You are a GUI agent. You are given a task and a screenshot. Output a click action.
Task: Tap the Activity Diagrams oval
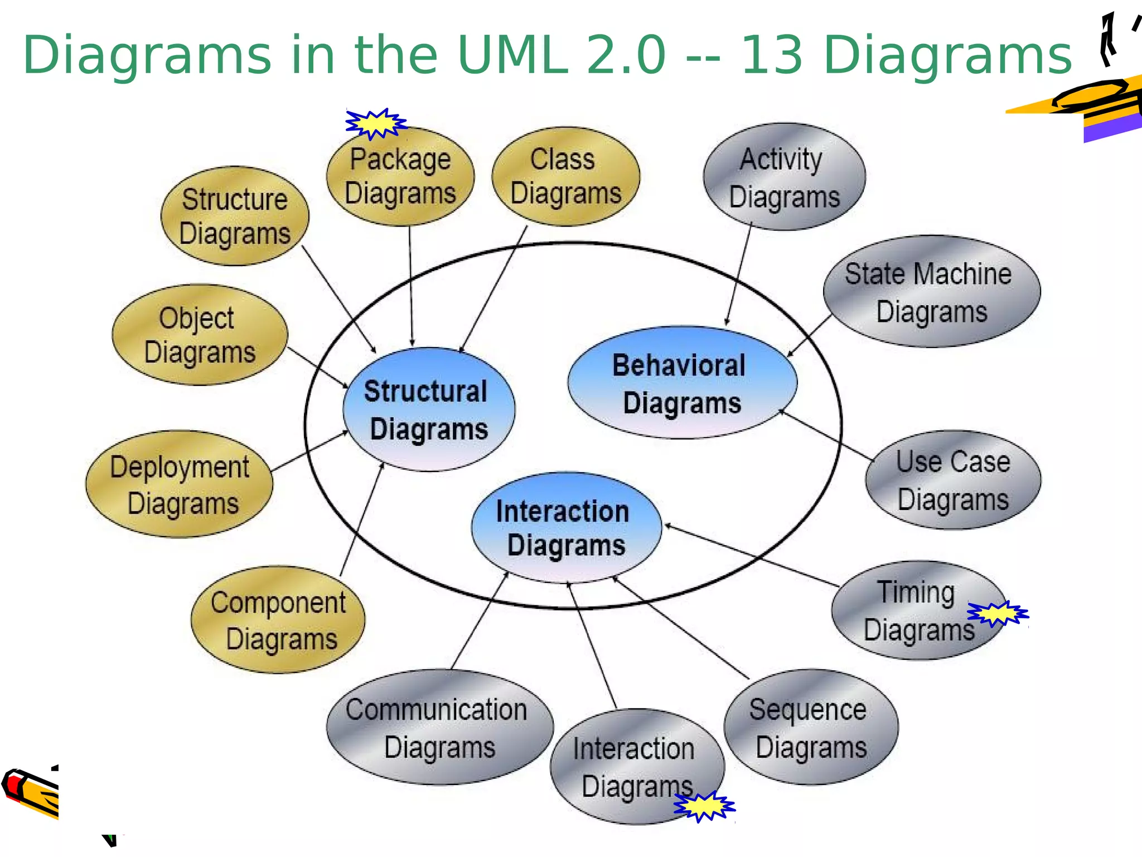pyautogui.click(x=784, y=177)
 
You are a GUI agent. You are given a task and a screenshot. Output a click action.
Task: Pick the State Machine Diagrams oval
pyautogui.click(x=931, y=292)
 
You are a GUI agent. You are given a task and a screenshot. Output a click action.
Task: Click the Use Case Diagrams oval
pyautogui.click(x=953, y=480)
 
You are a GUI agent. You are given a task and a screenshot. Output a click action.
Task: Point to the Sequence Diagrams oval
pyautogui.click(x=811, y=728)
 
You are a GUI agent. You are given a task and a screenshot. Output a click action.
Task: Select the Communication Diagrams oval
pyautogui.click(x=439, y=728)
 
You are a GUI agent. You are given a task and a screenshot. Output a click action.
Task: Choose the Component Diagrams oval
pyautogui.click(x=278, y=620)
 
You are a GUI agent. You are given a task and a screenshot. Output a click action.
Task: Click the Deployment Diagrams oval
pyautogui.click(x=180, y=484)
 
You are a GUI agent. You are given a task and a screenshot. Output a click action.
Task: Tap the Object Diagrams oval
pyautogui.click(x=200, y=335)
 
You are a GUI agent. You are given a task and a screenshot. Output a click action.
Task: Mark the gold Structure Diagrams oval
pyautogui.click(x=235, y=216)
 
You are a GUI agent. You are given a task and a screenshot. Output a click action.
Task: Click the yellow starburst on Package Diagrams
pyautogui.click(x=375, y=123)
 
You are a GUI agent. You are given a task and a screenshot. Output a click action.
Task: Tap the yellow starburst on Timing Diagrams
pyautogui.click(x=998, y=614)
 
